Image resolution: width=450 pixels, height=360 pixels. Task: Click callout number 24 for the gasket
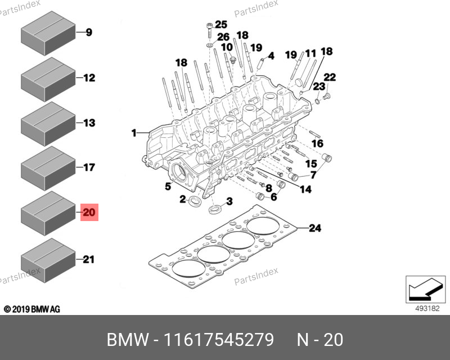pyautogui.click(x=314, y=228)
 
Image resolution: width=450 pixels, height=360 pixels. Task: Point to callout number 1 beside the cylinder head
pyautogui.click(x=134, y=133)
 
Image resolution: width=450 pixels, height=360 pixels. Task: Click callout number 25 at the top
pyautogui.click(x=220, y=24)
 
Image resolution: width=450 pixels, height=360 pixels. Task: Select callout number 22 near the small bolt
pyautogui.click(x=330, y=77)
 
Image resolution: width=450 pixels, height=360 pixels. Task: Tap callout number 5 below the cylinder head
pyautogui.click(x=168, y=186)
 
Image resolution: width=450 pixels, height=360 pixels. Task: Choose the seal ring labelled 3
pyautogui.click(x=215, y=210)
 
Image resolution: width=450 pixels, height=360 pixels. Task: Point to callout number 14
pyautogui.click(x=305, y=190)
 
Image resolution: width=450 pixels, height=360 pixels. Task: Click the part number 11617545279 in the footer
pyautogui.click(x=218, y=340)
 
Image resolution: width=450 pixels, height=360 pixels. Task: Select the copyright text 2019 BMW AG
pyautogui.click(x=32, y=309)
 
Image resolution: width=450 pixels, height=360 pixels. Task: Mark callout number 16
pyautogui.click(x=318, y=143)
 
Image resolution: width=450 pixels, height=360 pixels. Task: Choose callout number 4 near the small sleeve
pyautogui.click(x=271, y=56)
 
